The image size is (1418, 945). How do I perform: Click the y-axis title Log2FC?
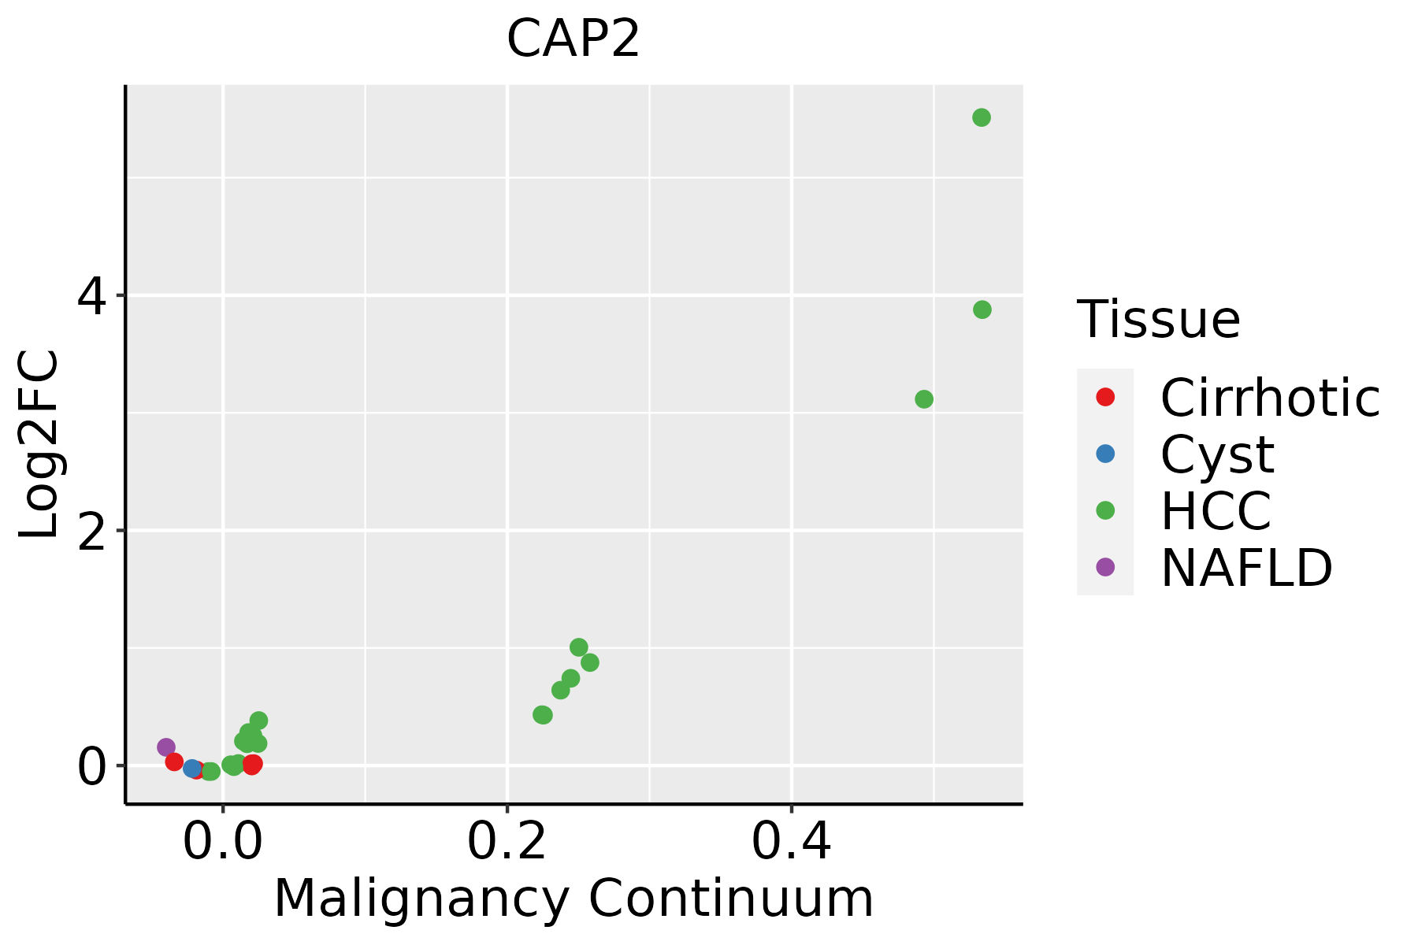(39, 445)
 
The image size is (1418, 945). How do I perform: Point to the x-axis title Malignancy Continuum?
(573, 899)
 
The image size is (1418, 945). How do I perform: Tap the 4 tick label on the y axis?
(91, 297)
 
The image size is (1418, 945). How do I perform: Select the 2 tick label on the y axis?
(91, 532)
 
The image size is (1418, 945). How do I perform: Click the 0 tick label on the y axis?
(91, 767)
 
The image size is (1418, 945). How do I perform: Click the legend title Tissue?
(1158, 320)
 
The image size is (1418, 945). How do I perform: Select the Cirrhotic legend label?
(1269, 398)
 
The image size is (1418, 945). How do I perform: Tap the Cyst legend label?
(1217, 454)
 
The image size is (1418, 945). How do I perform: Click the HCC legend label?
(1216, 511)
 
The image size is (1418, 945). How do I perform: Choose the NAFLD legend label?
(1246, 568)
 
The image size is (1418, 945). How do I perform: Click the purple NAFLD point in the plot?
(165, 747)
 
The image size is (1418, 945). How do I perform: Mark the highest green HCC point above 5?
(981, 117)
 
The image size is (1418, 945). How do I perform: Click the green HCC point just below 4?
(982, 309)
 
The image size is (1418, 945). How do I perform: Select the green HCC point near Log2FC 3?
(924, 399)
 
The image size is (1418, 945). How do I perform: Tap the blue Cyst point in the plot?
(191, 768)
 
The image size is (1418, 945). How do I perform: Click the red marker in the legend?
(1105, 397)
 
